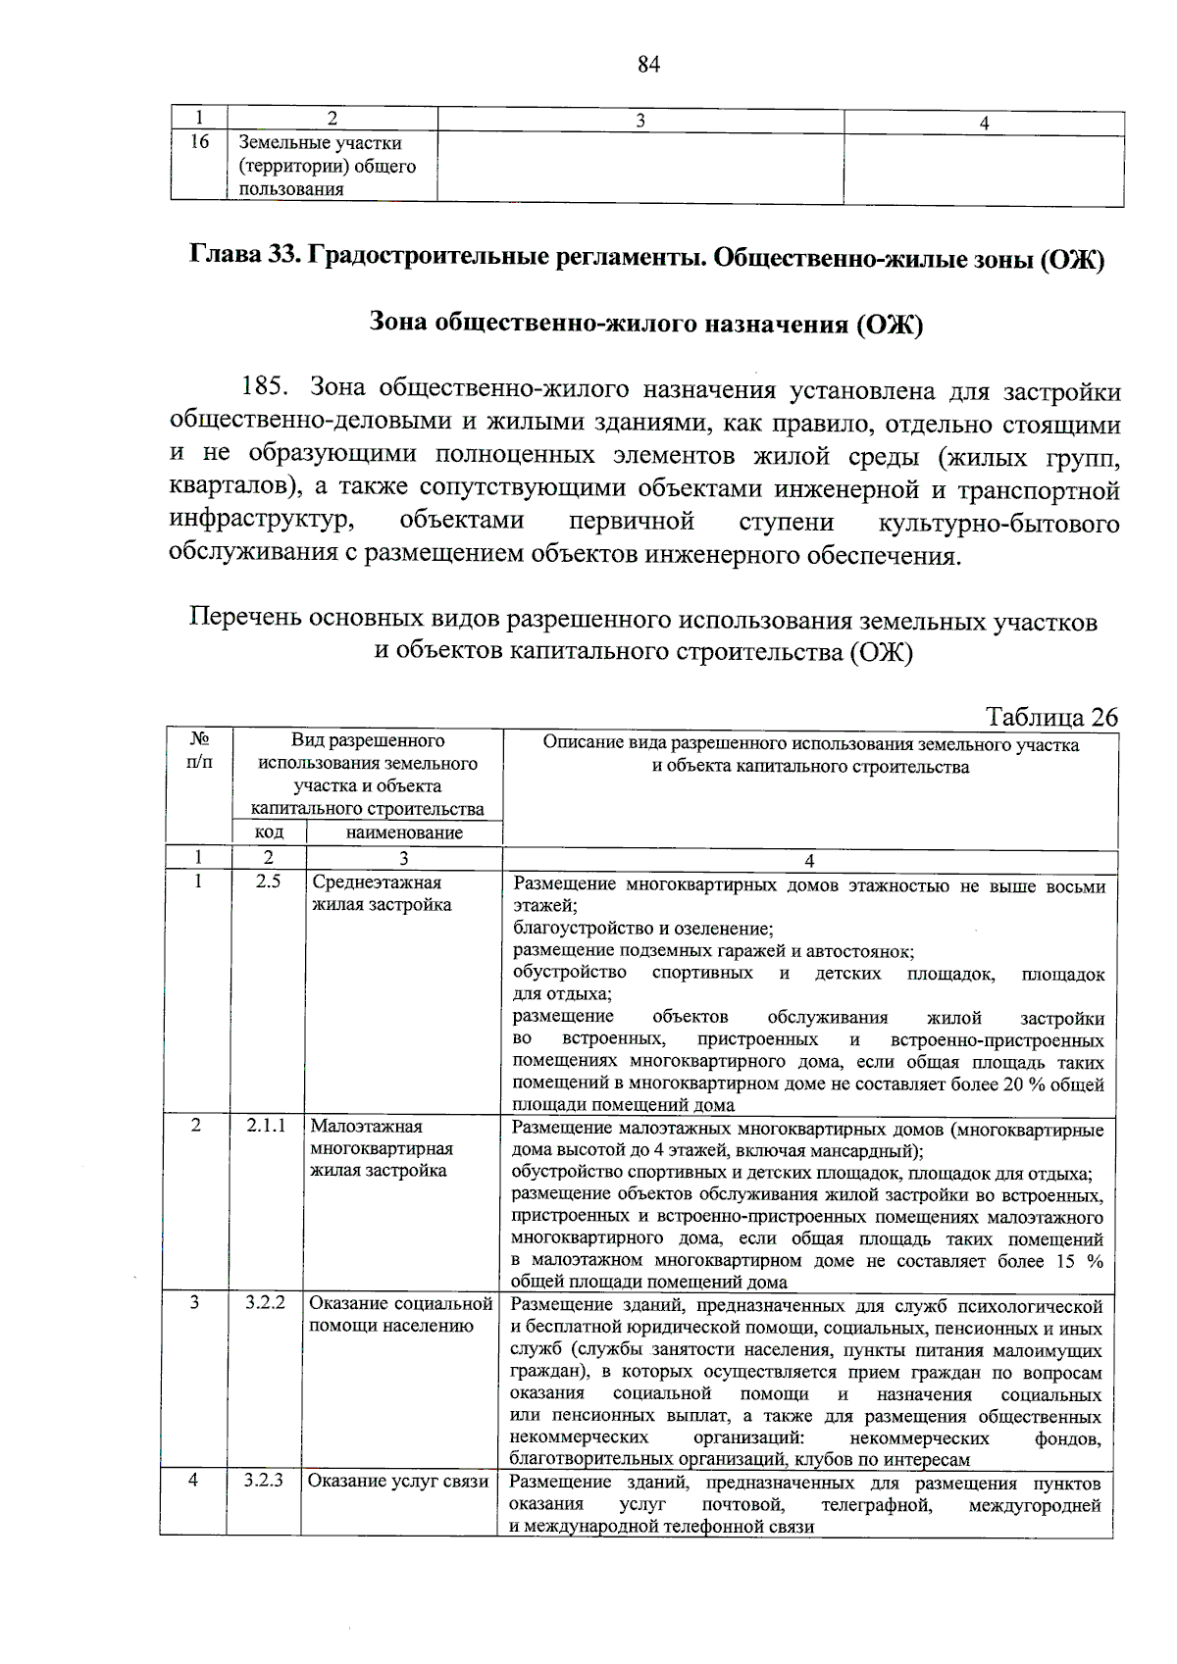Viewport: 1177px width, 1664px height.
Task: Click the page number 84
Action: pos(648,65)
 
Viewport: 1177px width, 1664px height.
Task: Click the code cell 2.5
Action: pos(268,882)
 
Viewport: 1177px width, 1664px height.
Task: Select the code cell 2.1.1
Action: pos(266,1126)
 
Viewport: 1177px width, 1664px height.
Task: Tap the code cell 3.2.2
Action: pos(265,1303)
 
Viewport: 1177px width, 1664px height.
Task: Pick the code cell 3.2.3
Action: pos(264,1480)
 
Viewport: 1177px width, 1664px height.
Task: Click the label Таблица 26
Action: pos(1050,717)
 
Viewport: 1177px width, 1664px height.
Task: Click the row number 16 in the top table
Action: pos(199,142)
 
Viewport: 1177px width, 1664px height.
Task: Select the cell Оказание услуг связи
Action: pos(398,1481)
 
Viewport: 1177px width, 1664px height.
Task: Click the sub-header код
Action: pos(270,832)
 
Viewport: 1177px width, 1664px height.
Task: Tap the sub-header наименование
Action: pos(404,832)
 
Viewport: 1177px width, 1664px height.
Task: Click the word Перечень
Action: pos(245,621)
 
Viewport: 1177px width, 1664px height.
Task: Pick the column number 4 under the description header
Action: pos(809,861)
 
